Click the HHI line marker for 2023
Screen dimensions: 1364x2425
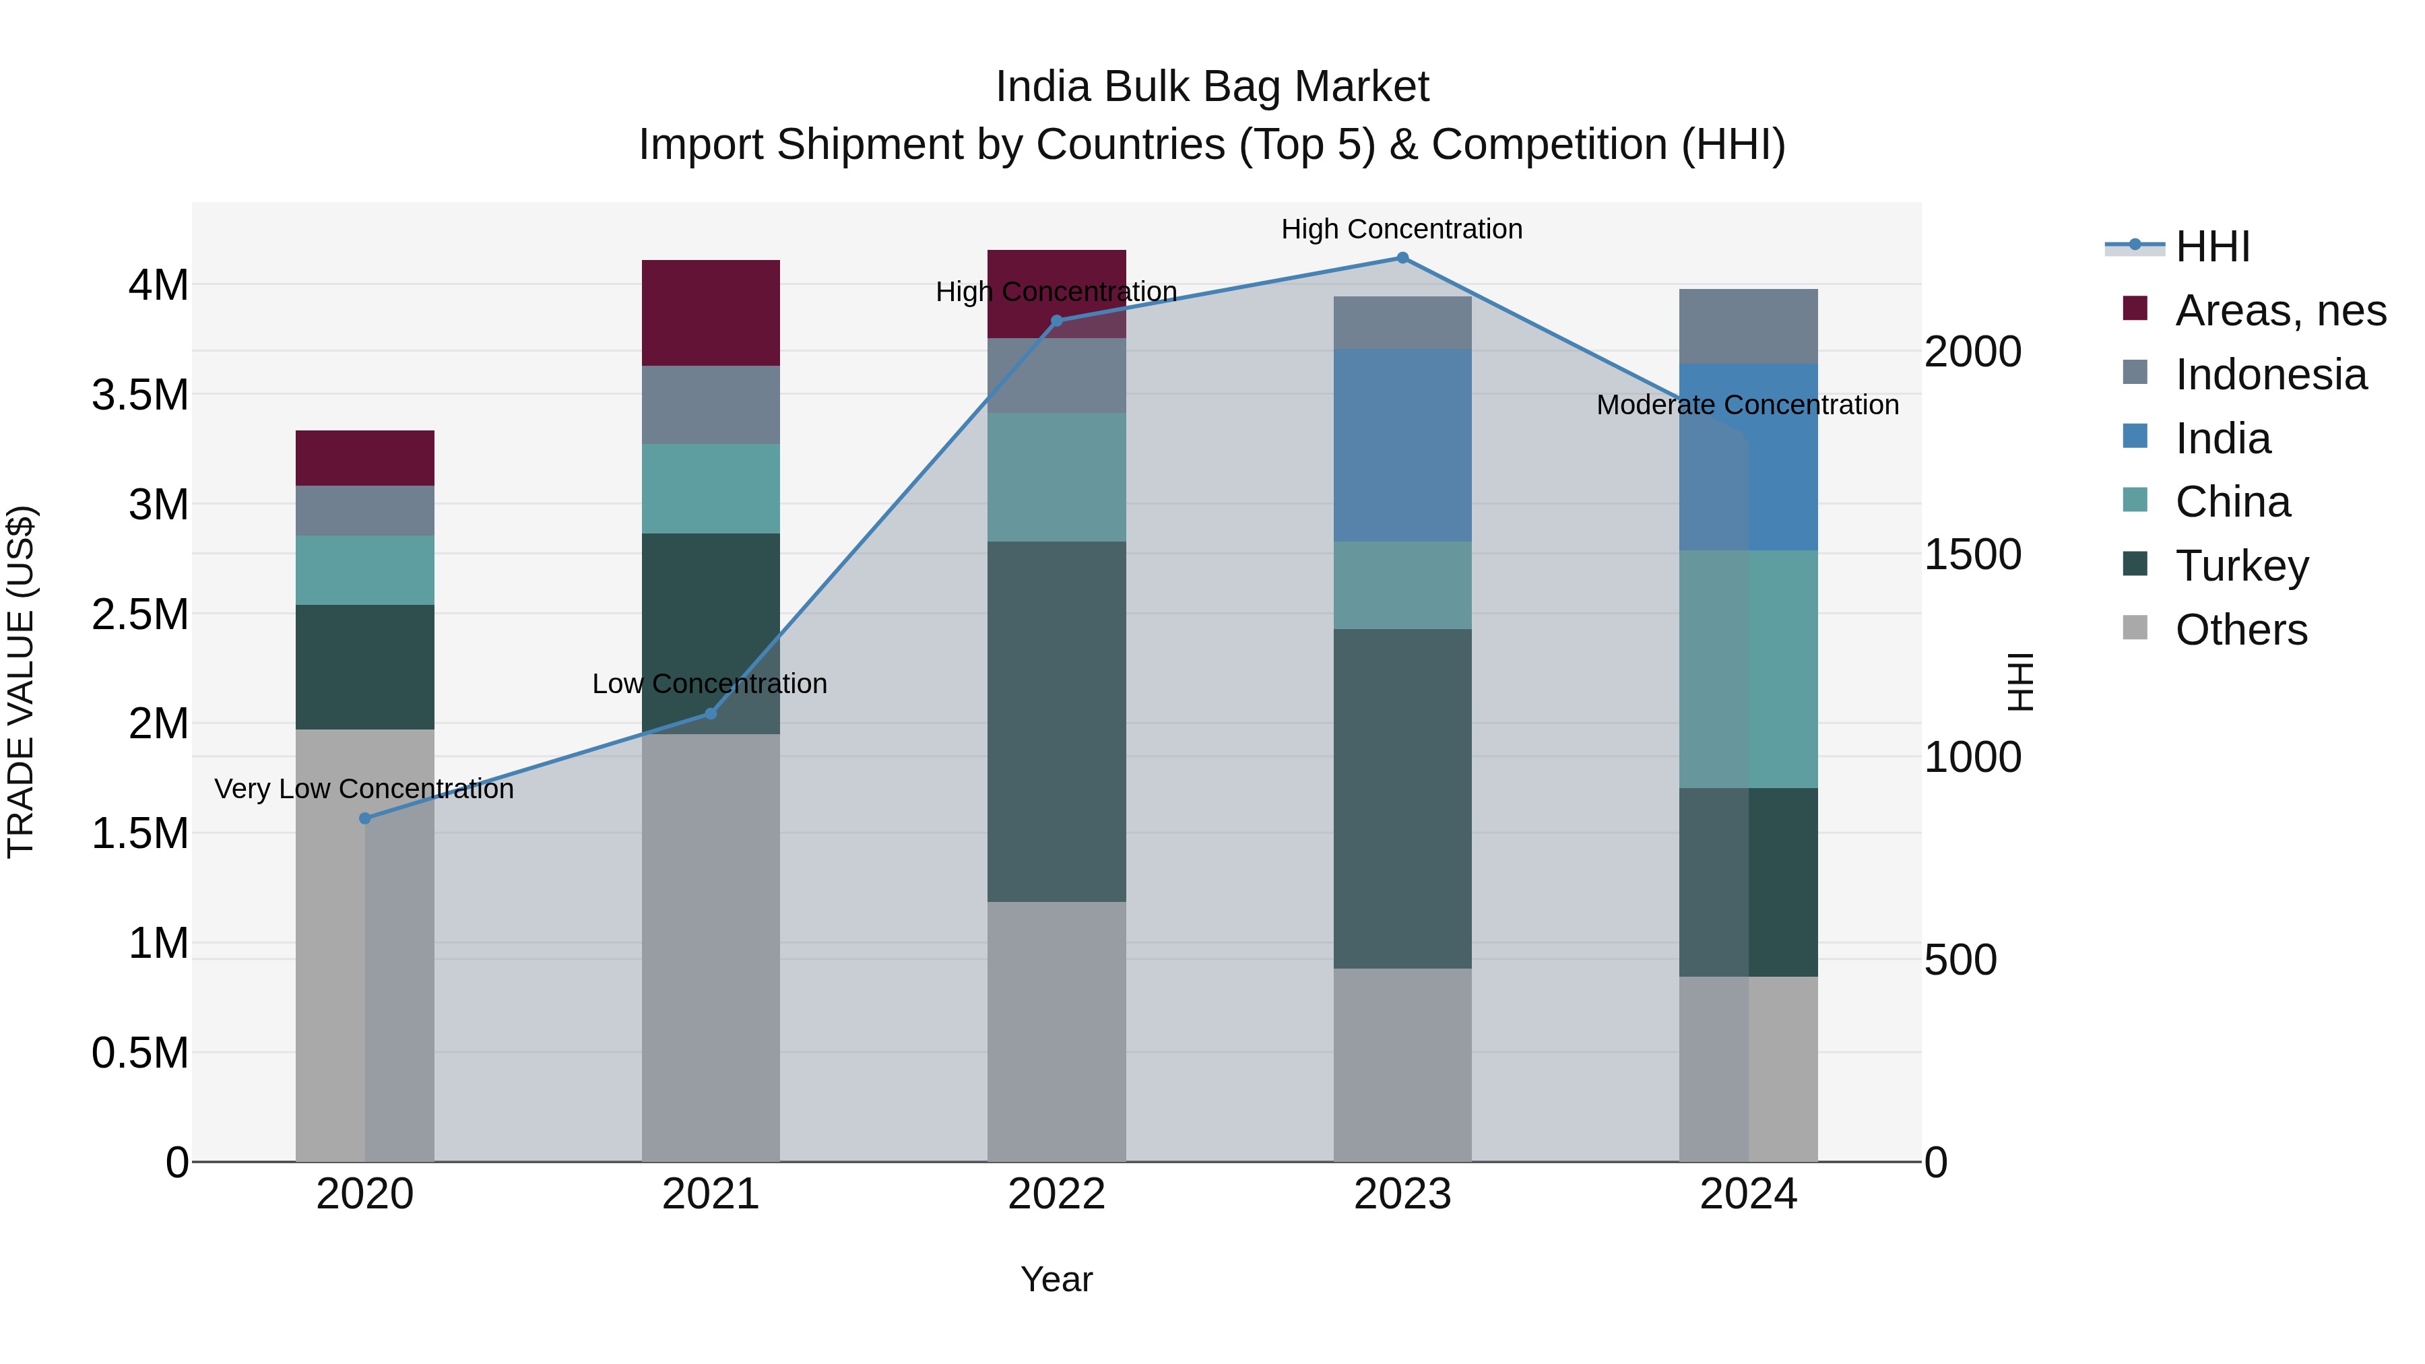click(1402, 258)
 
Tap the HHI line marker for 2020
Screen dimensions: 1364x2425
click(365, 818)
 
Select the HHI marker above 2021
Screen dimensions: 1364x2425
click(711, 713)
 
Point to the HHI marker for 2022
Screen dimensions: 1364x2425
click(1056, 321)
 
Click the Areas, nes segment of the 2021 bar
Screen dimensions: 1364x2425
click(711, 313)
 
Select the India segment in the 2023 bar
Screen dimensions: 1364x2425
click(1402, 445)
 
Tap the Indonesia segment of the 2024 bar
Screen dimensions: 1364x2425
click(1748, 326)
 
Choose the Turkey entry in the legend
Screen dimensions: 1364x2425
click(2241, 566)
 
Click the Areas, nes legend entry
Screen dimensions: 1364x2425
click(2280, 311)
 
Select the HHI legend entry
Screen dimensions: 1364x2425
click(2212, 247)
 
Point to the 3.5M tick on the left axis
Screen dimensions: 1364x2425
click(140, 395)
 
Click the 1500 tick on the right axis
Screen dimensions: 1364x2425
click(1972, 554)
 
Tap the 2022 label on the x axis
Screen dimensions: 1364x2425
click(1056, 1194)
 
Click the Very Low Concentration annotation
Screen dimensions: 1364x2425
click(364, 789)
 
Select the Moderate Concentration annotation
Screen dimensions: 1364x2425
click(1747, 405)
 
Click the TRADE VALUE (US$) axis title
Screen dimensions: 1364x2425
click(21, 682)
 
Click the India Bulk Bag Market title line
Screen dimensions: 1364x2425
click(1212, 87)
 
